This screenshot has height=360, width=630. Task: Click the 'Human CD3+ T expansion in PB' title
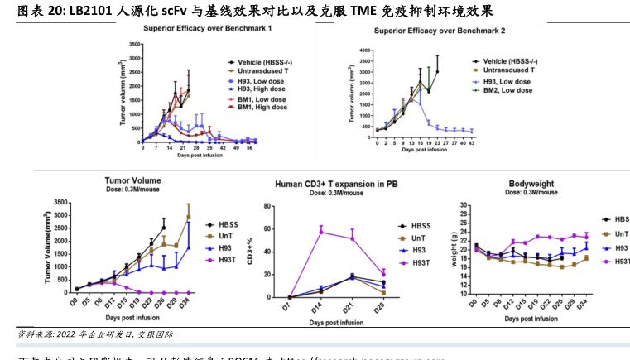343,183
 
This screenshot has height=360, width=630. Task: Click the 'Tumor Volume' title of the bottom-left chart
132,180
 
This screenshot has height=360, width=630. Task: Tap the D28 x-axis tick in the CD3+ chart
382,303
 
